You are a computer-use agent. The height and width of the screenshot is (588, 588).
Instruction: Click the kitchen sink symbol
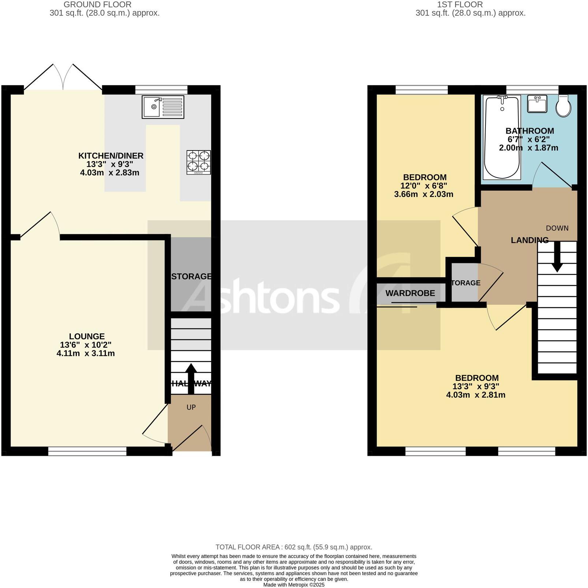[x=163, y=107]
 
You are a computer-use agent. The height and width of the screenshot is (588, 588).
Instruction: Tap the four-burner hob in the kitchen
[x=199, y=162]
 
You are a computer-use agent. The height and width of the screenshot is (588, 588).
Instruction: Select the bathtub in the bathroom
[x=502, y=137]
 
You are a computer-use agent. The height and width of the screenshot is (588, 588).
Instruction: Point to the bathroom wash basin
[x=537, y=104]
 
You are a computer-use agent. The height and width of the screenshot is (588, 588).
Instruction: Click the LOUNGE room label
[x=87, y=336]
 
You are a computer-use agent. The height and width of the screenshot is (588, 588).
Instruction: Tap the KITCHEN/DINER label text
[x=111, y=156]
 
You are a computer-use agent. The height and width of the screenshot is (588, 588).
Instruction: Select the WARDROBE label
[x=410, y=293]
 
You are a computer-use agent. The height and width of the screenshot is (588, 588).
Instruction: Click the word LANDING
[x=529, y=240]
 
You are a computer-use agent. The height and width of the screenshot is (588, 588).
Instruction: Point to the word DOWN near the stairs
[x=557, y=228]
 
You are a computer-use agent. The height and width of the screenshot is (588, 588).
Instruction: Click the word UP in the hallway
[x=191, y=407]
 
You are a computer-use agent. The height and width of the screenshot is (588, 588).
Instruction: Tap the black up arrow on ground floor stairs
[x=191, y=378]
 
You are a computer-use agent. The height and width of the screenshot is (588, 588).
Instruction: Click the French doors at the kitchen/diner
[x=63, y=78]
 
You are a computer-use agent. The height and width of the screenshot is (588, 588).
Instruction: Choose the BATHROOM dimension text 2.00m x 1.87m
[x=528, y=148]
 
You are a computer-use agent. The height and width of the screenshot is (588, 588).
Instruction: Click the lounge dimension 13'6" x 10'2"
[x=86, y=345]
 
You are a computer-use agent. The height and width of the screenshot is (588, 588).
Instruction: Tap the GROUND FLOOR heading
[x=97, y=4]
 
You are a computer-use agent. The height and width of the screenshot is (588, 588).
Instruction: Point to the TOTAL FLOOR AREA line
[x=294, y=547]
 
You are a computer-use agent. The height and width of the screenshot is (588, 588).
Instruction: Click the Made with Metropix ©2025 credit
[x=294, y=585]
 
